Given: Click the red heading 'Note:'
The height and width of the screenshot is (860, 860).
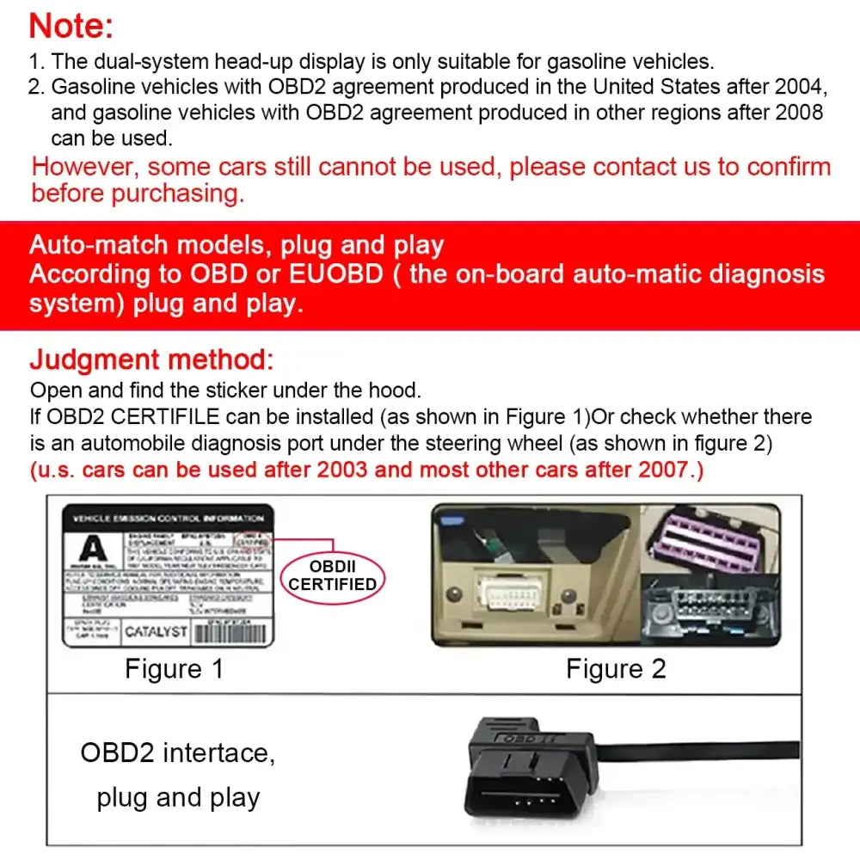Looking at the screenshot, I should [71, 26].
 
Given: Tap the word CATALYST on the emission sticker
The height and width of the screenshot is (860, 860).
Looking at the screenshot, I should [156, 632].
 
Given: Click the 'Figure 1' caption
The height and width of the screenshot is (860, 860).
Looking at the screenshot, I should [174, 669].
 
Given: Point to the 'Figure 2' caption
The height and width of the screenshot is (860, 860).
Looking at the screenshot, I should [616, 669].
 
